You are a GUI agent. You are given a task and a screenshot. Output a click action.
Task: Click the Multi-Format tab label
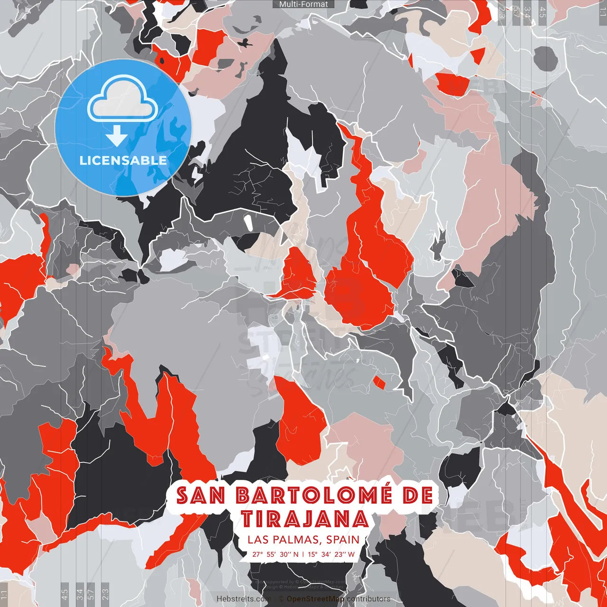point(303,4)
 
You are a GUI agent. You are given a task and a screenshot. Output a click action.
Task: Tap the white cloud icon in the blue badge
point(123,101)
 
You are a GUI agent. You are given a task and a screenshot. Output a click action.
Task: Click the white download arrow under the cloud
point(117,137)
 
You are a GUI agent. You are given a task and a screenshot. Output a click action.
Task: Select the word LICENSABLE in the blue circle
point(123,160)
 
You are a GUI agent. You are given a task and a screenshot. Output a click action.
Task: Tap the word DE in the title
point(417,496)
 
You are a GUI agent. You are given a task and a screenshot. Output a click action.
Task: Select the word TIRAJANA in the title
point(305,519)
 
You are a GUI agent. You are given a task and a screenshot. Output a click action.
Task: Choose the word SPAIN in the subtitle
point(342,540)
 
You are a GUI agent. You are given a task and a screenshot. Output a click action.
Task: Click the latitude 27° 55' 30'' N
point(276,554)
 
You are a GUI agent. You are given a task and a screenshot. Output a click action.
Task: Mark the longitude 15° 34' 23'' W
point(331,554)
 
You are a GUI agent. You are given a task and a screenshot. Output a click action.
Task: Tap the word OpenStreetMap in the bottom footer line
point(315,599)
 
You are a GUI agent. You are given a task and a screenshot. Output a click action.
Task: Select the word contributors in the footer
point(368,599)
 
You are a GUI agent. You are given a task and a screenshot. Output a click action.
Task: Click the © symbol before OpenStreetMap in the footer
point(281,599)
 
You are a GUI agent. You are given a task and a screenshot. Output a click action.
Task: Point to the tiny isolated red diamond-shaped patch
point(379,381)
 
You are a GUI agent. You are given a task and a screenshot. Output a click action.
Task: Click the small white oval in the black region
point(248,223)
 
